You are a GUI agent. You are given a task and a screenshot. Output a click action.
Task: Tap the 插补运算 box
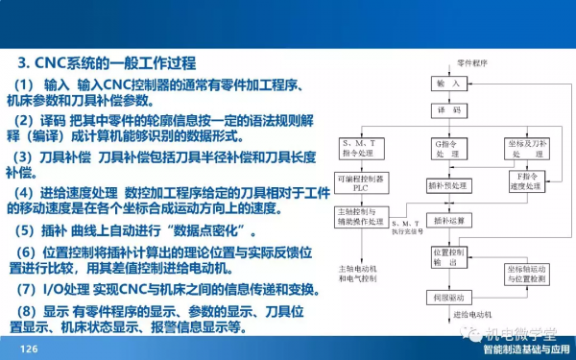[x=450, y=221]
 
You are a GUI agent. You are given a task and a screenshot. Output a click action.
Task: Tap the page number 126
[x=29, y=348]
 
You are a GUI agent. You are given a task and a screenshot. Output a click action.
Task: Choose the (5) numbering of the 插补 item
[x=29, y=231]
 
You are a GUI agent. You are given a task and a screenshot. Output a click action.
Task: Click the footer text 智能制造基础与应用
[x=526, y=349]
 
